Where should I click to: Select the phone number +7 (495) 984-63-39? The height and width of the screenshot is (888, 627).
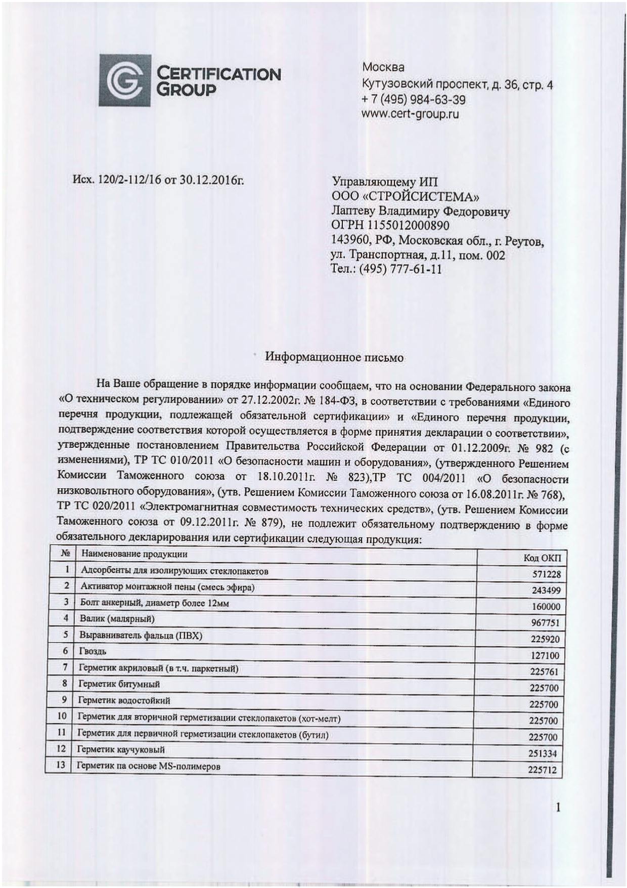[x=414, y=99]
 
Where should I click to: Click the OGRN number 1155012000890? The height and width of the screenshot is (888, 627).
[x=390, y=226]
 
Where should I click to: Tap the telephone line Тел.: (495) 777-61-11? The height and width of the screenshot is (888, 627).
[x=386, y=269]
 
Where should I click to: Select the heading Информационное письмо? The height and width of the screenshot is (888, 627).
[x=334, y=357]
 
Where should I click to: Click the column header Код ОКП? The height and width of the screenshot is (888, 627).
[x=542, y=558]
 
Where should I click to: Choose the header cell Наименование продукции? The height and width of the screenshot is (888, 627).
[x=134, y=554]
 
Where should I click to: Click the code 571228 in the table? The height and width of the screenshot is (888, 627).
[x=546, y=574]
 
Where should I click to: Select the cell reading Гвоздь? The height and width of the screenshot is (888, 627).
[x=93, y=651]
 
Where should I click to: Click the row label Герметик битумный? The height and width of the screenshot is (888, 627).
[x=118, y=684]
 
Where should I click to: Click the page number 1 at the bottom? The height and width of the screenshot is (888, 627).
[x=558, y=808]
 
